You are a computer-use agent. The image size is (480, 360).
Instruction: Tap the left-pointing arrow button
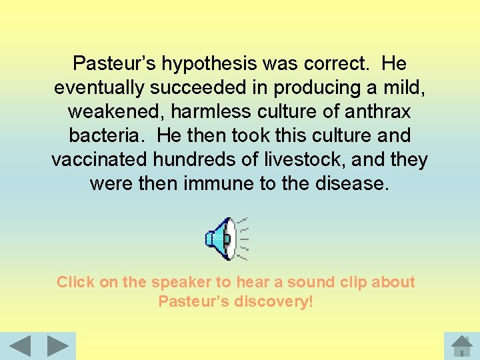point(20,347)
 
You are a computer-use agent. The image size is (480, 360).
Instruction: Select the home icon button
point(461,346)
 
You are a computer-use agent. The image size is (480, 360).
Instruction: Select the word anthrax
point(377,112)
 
